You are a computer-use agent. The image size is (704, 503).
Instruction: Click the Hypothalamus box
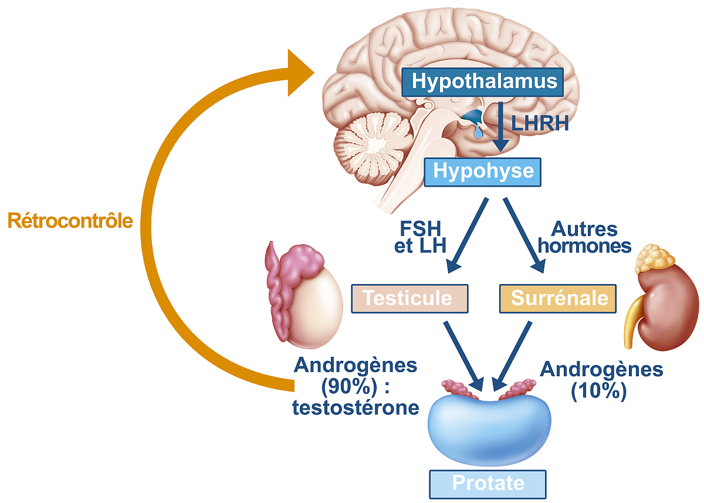point(483,81)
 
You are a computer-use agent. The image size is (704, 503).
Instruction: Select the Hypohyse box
point(483,171)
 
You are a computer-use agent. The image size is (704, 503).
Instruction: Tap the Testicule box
point(409,298)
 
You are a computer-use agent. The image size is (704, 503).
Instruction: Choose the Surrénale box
point(559,298)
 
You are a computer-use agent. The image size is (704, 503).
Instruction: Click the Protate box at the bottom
point(488,484)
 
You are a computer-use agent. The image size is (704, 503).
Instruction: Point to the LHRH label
point(540,123)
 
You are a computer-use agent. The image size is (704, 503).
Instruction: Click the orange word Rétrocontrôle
point(70,221)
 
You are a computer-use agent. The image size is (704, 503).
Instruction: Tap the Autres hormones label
point(584,237)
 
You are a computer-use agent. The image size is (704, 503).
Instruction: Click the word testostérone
point(356,407)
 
